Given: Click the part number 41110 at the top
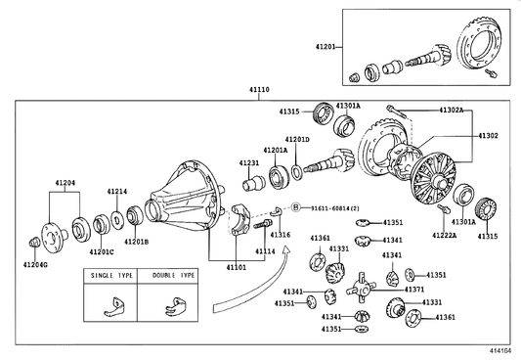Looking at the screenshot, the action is tap(259, 89).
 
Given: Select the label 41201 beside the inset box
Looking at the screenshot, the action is tap(326, 47).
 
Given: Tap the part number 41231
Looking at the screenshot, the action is tap(249, 163).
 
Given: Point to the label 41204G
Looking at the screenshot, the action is tap(35, 265).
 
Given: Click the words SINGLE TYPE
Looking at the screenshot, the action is tap(111, 276).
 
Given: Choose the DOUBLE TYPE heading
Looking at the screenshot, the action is tap(173, 276).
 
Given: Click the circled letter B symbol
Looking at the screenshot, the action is tap(296, 208).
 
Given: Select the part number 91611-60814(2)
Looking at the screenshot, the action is tap(335, 208).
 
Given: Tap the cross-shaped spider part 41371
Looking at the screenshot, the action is tap(362, 288).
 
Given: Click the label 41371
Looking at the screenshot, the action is tap(414, 290).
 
